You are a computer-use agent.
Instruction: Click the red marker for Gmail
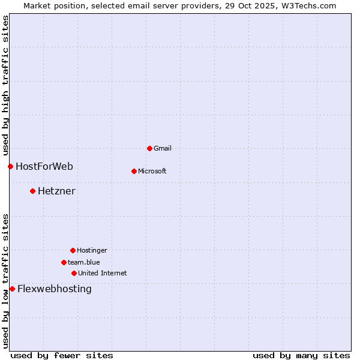point(149,148)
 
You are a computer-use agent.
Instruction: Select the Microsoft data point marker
point(134,171)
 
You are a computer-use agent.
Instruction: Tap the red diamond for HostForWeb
point(10,166)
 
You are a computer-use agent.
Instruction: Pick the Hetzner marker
point(32,191)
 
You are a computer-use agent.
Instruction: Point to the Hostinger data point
point(73,250)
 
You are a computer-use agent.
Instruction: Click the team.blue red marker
point(64,262)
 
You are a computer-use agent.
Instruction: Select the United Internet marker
point(74,273)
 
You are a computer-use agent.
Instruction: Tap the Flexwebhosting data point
point(12,289)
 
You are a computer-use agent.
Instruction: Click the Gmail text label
point(163,148)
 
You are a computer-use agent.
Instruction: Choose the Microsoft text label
point(152,171)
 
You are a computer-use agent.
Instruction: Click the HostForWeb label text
point(44,166)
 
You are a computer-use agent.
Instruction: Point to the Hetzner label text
point(56,191)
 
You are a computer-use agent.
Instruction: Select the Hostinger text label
point(92,250)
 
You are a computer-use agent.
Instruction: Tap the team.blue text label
point(84,262)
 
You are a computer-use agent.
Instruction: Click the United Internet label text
point(103,273)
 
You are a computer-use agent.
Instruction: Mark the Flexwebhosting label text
point(55,289)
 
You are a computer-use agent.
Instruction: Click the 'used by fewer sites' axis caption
point(62,355)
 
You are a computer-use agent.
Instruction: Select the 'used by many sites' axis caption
point(301,355)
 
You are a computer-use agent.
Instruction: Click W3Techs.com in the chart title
point(311,5)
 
